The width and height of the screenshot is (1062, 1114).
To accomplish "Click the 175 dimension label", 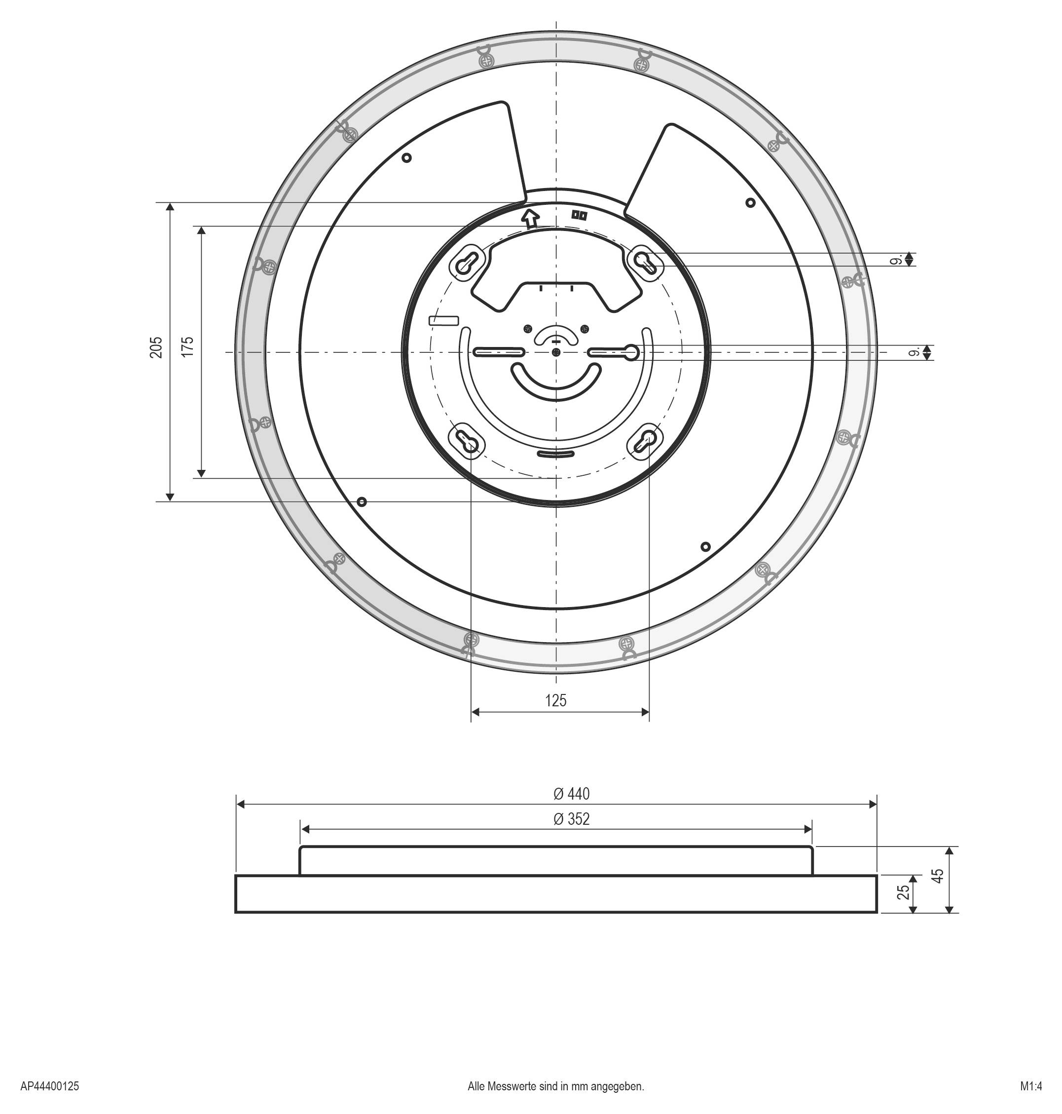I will (x=188, y=346).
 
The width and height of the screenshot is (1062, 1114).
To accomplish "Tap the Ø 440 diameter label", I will (x=571, y=794).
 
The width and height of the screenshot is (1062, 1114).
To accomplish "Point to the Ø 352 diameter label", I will (x=571, y=819).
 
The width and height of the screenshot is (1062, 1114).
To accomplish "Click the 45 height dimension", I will (x=938, y=876).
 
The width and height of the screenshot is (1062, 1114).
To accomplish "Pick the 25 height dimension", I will (x=904, y=891).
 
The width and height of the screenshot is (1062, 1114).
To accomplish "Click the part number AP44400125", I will (x=50, y=1086).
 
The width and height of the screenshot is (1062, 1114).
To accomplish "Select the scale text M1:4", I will (x=1030, y=1086).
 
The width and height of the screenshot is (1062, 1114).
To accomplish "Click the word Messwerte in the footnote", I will (x=513, y=1086).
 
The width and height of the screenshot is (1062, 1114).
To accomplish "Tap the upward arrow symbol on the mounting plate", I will (x=530, y=218).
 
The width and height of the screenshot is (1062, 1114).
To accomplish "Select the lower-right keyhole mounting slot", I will (x=645, y=440).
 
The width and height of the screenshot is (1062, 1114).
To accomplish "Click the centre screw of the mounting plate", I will (x=556, y=352).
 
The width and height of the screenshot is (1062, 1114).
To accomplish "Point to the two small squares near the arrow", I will (x=579, y=215).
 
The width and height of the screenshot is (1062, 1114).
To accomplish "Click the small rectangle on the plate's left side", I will (x=444, y=320).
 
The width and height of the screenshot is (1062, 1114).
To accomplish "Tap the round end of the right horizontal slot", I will (x=632, y=353).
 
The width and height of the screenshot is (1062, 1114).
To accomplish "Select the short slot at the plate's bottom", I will (x=555, y=454).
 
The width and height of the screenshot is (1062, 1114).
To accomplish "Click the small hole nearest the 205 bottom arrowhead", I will (x=362, y=502).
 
